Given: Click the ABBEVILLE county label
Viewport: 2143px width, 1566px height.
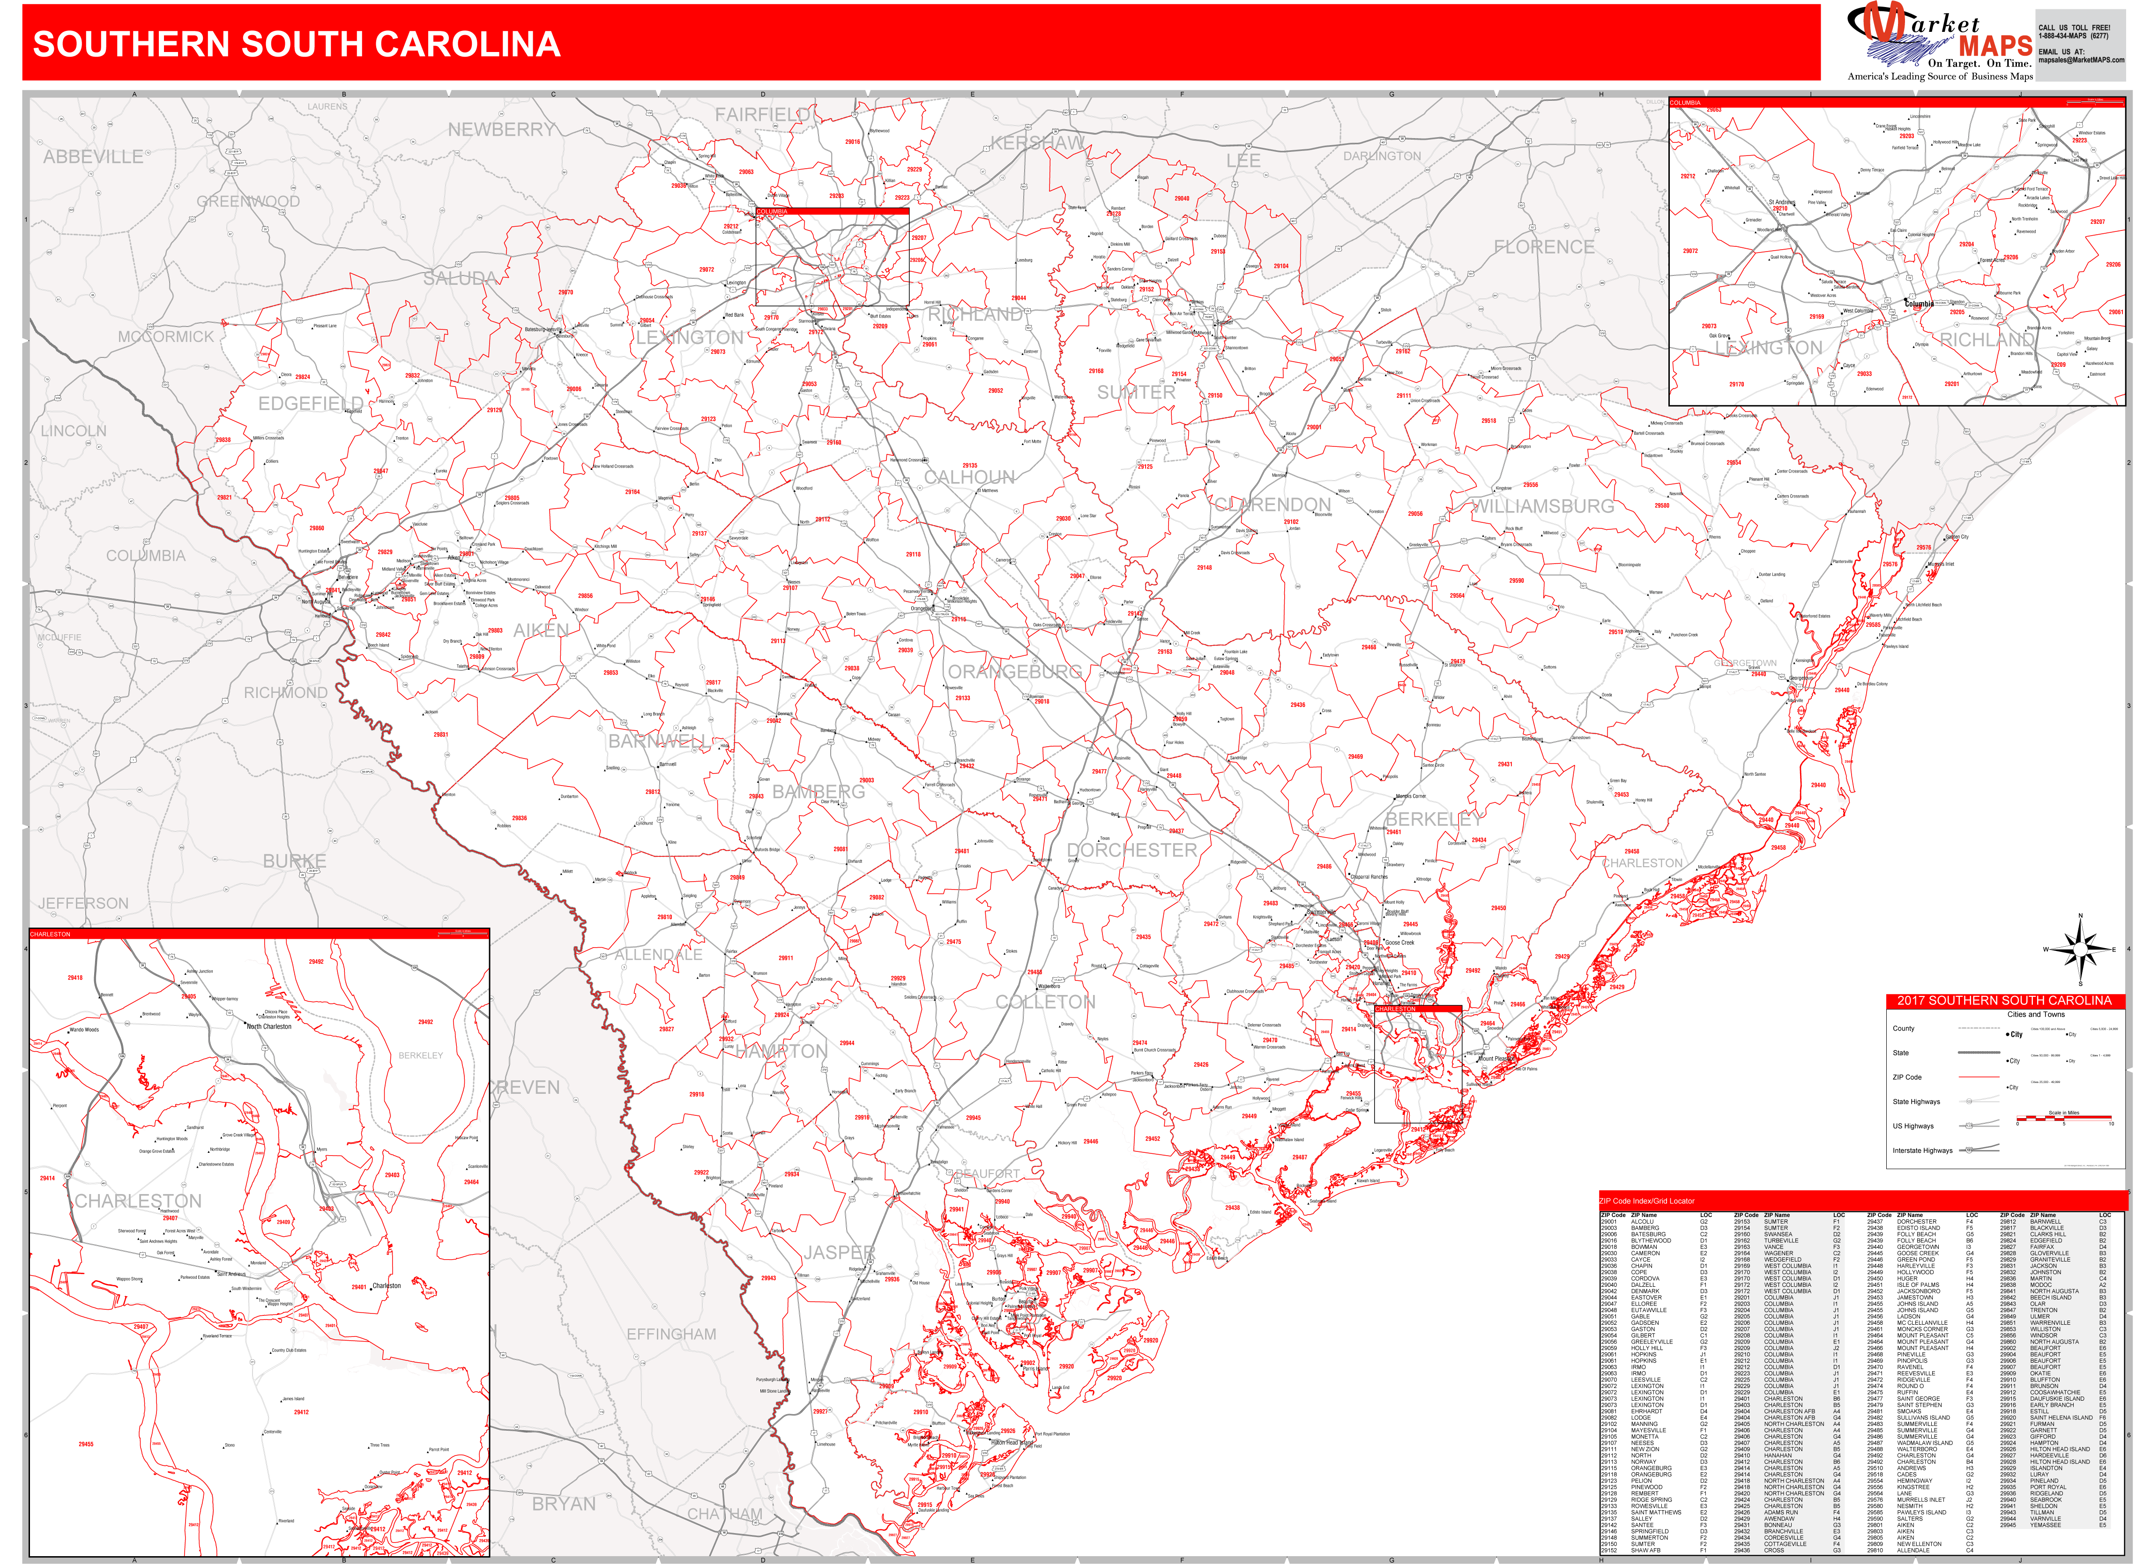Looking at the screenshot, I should click(93, 156).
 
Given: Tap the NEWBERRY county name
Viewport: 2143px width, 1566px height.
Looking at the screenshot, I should click(501, 129).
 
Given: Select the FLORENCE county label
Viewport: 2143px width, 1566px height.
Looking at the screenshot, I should click(1544, 246).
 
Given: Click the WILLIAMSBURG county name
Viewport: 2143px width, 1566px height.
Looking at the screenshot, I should click(1542, 506).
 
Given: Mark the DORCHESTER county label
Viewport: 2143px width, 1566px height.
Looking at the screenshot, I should click(1131, 849).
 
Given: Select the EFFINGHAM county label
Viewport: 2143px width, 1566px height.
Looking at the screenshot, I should click(671, 1334).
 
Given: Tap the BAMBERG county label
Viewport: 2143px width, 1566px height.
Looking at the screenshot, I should click(819, 792).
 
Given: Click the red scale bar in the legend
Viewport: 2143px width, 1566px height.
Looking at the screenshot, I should click(2063, 1119).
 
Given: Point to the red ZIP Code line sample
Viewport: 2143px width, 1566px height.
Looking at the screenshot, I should click(1978, 1078).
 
